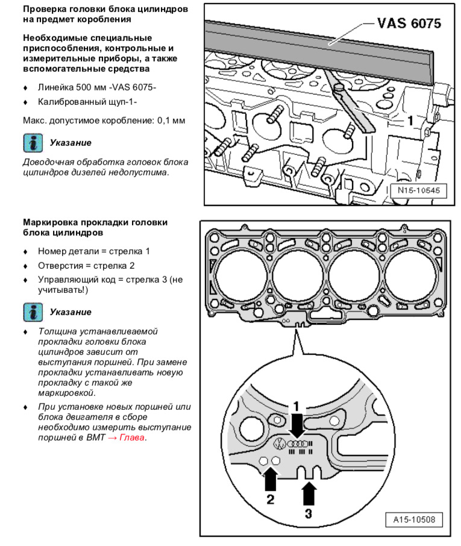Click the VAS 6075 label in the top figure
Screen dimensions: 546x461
409,24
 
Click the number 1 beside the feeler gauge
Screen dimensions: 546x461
410,121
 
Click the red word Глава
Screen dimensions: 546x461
132,438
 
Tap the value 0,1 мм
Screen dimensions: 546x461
171,121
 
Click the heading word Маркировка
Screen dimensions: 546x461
50,222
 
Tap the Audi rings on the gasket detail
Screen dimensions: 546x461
298,444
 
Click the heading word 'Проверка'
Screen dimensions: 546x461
46,10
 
